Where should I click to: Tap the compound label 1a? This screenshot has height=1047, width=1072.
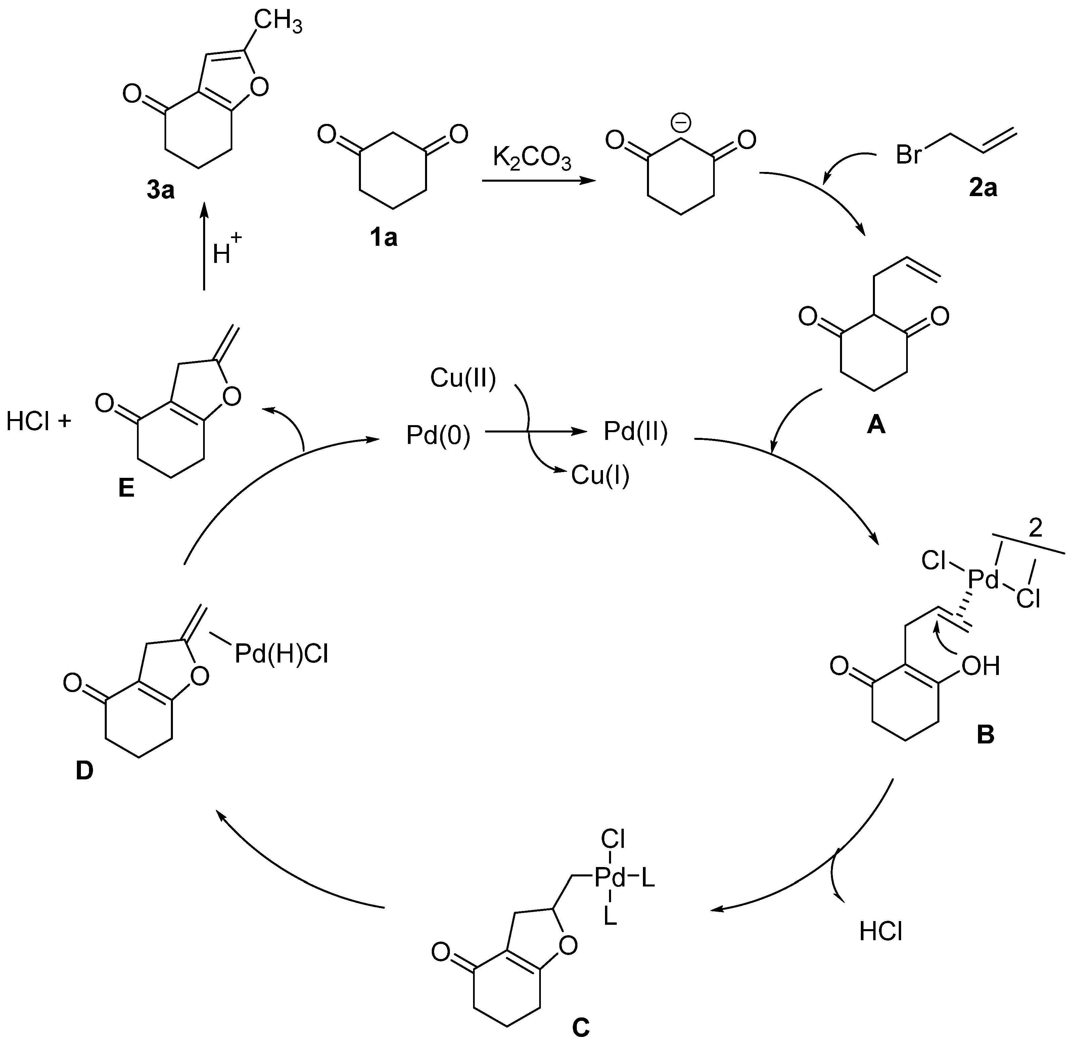pos(383,238)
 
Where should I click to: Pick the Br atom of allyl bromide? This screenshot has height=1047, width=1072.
pos(908,155)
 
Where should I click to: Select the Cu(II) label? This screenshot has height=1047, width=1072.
pos(463,378)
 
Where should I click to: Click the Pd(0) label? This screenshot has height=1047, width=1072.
pos(438,436)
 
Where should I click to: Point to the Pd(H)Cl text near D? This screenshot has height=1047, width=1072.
pos(281,654)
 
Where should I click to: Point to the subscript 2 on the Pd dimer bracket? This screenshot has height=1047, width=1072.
pos(1035,529)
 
